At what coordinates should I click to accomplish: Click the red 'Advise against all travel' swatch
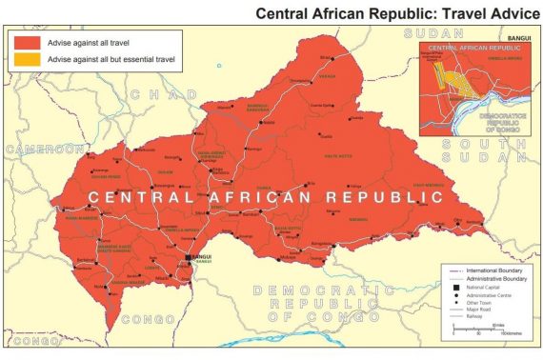pos(26,42)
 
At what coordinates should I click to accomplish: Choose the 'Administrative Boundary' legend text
pos(490,279)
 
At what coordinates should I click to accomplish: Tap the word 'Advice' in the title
pos(505,14)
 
